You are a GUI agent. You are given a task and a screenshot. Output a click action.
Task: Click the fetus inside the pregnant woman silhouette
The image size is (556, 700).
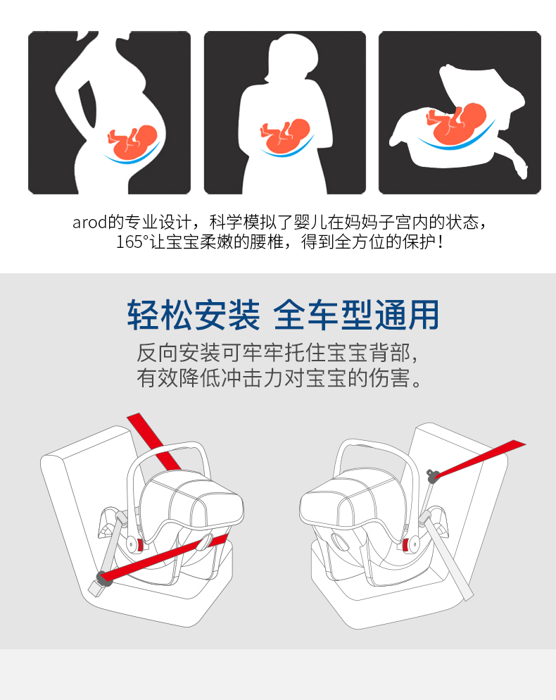tap(132, 141)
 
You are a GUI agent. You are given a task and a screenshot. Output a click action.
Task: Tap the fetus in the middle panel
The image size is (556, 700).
tap(285, 135)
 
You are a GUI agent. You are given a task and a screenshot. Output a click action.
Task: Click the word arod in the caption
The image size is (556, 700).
tap(89, 222)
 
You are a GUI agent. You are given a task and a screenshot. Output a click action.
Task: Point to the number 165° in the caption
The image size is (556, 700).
tap(132, 242)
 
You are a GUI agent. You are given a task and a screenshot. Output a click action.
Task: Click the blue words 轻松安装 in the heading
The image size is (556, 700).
tap(194, 315)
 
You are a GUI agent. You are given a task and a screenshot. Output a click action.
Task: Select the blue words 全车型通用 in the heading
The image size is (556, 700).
tap(356, 315)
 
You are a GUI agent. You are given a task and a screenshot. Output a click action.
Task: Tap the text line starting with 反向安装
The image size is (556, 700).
tap(277, 353)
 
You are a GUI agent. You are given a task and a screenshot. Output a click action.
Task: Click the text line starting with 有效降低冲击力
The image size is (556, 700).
tap(279, 377)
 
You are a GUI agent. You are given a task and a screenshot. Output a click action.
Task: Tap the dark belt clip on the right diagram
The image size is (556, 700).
tap(431, 476)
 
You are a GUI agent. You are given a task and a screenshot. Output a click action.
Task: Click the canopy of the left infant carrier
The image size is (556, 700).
tap(192, 500)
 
